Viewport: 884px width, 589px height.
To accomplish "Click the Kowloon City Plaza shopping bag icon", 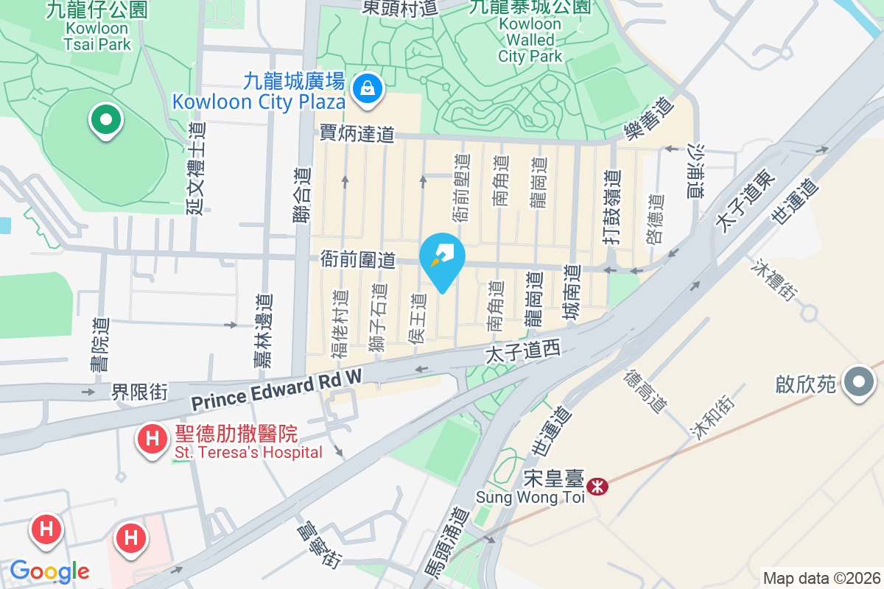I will tap(366, 90).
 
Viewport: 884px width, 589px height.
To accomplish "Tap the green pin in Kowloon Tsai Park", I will tap(105, 119).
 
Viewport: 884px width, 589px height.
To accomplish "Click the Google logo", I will tap(49, 571).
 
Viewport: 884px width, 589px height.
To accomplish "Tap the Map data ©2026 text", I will tap(821, 579).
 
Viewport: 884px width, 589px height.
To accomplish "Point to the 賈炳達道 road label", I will tap(357, 133).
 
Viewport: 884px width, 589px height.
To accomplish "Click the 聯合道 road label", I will tap(301, 195).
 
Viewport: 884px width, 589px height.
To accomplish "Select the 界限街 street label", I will tap(140, 391).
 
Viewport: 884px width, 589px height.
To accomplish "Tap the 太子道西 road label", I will tap(523, 354).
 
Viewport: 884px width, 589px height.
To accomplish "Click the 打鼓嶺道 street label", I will tap(611, 208).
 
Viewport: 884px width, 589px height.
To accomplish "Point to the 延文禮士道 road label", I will tap(196, 169).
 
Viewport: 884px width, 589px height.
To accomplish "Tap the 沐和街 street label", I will tap(711, 417).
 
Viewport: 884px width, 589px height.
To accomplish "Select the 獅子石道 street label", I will tap(379, 322).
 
